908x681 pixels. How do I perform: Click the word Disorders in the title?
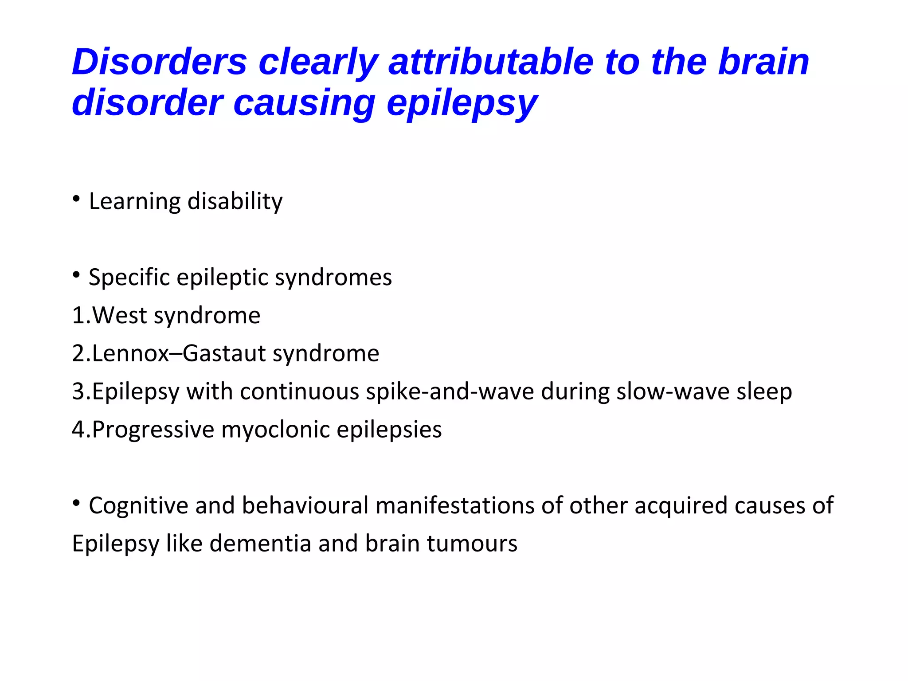[x=159, y=62]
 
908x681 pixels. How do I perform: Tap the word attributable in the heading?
[x=491, y=62]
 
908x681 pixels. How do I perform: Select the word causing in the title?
[x=304, y=103]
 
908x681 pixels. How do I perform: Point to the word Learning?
[x=134, y=202]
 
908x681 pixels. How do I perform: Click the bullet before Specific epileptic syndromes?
[x=77, y=274]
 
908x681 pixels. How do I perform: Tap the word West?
[x=119, y=316]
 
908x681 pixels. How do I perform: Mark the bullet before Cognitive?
[x=77, y=503]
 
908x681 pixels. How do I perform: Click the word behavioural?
[x=305, y=506]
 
